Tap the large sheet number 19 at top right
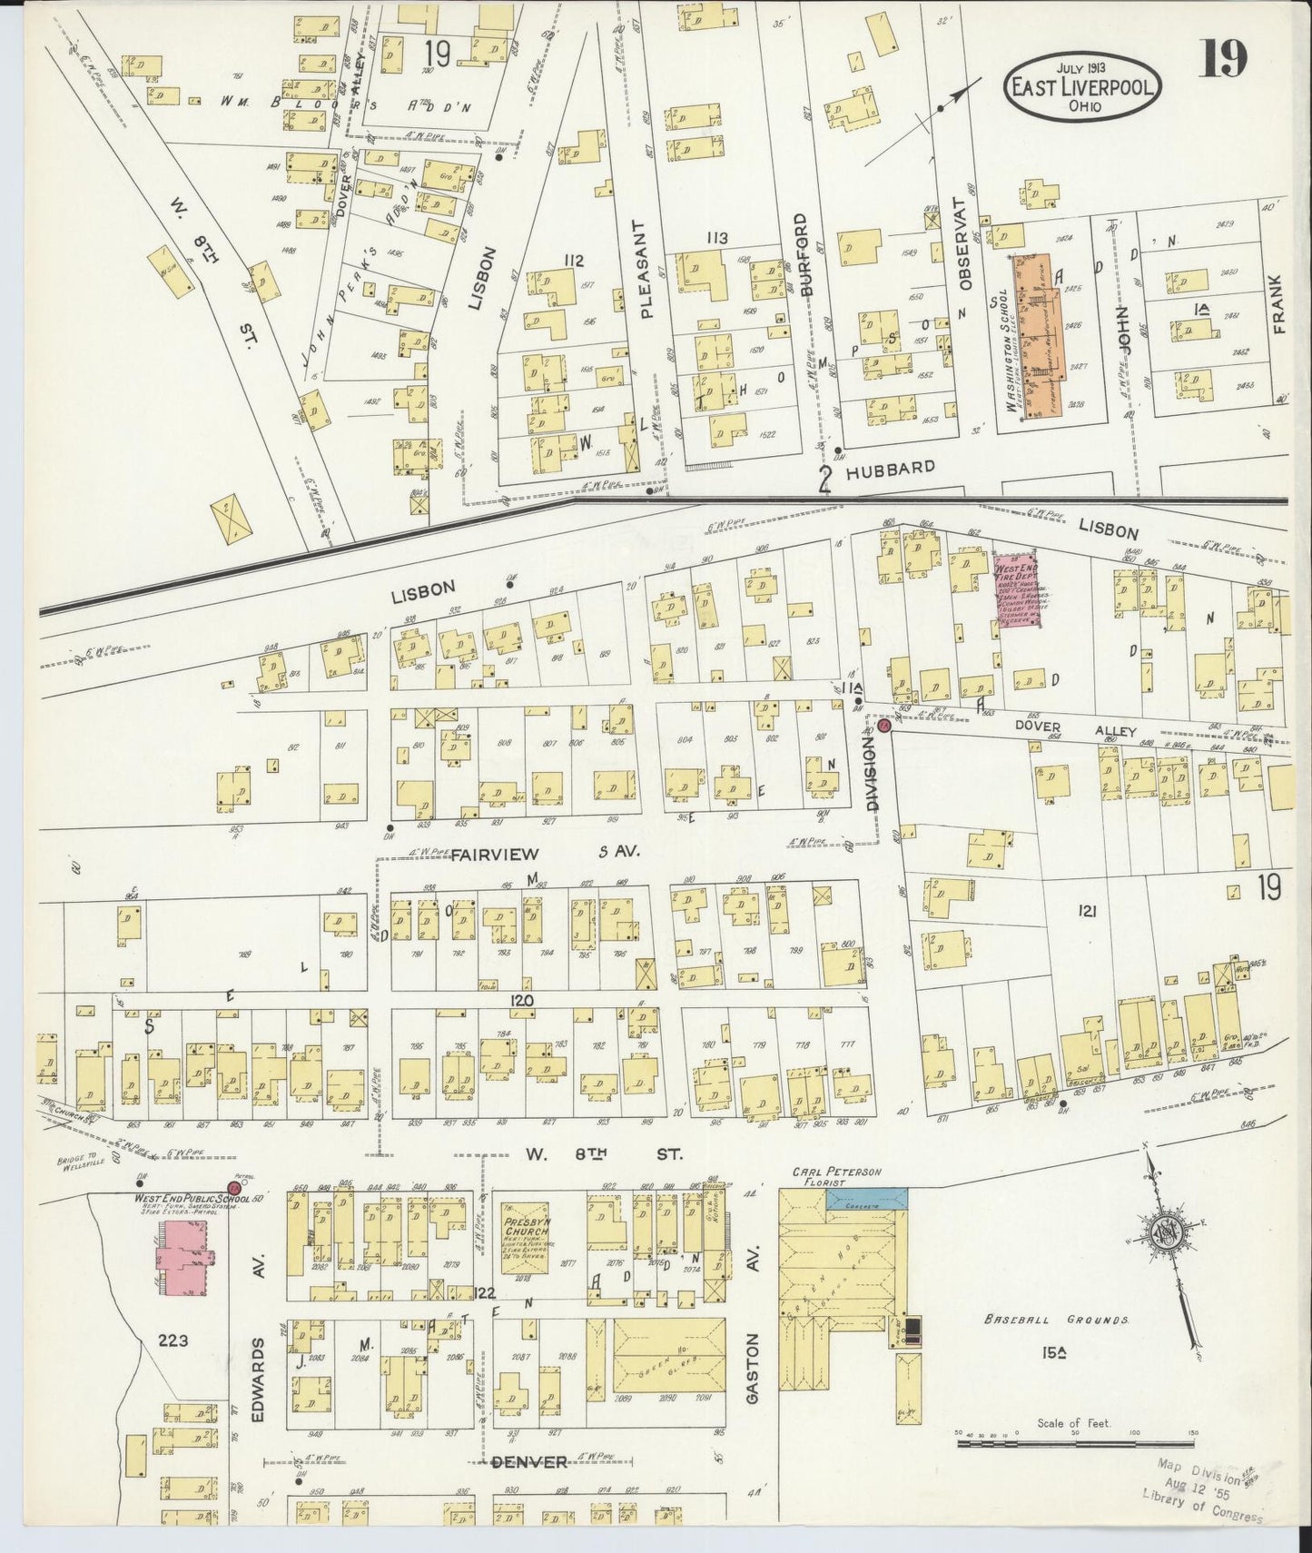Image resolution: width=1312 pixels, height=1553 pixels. (1222, 60)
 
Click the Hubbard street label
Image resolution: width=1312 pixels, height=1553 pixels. (889, 469)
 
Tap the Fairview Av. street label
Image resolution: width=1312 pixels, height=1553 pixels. (496, 854)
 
